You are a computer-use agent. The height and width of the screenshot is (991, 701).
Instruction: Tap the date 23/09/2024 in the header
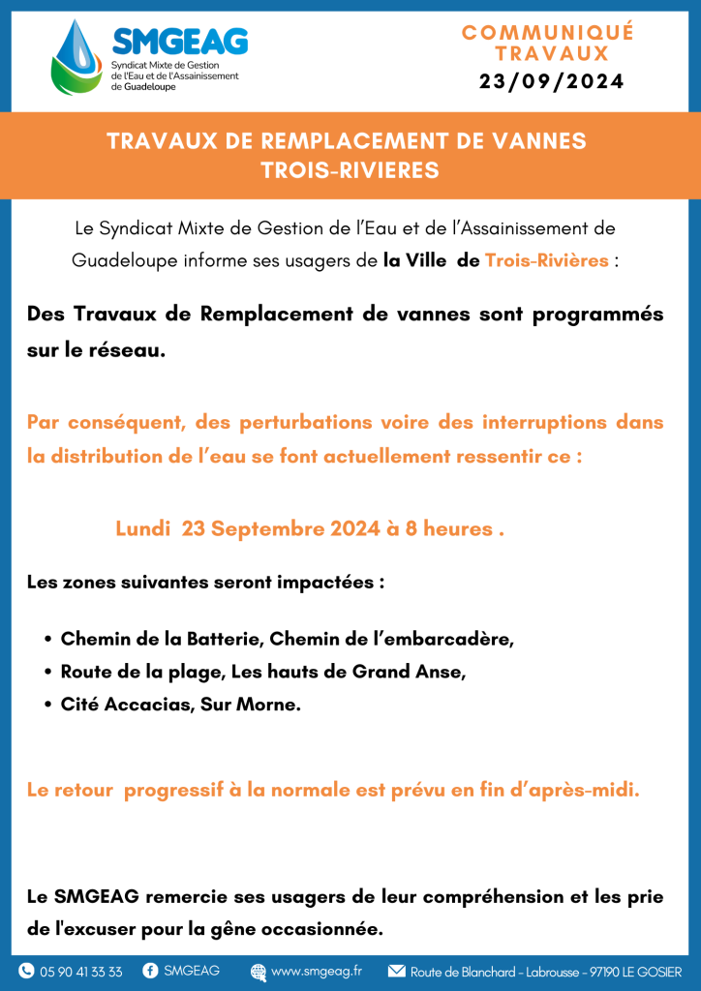click(x=551, y=83)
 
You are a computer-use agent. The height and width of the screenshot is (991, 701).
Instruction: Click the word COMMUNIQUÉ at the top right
click(x=548, y=33)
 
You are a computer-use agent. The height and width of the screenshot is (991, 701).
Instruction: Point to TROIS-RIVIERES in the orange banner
click(x=350, y=170)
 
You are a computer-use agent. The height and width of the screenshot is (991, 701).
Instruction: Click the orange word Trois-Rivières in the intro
click(x=547, y=260)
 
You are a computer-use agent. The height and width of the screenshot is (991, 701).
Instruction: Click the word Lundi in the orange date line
click(x=141, y=529)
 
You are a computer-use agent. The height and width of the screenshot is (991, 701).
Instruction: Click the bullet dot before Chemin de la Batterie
click(x=48, y=640)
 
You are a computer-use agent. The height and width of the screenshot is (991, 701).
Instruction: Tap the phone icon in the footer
click(x=26, y=972)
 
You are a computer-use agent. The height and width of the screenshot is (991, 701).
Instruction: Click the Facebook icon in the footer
click(x=150, y=972)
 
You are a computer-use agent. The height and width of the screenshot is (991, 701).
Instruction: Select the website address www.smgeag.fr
click(x=317, y=972)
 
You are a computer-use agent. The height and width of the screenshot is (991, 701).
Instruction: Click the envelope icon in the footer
click(x=396, y=972)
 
